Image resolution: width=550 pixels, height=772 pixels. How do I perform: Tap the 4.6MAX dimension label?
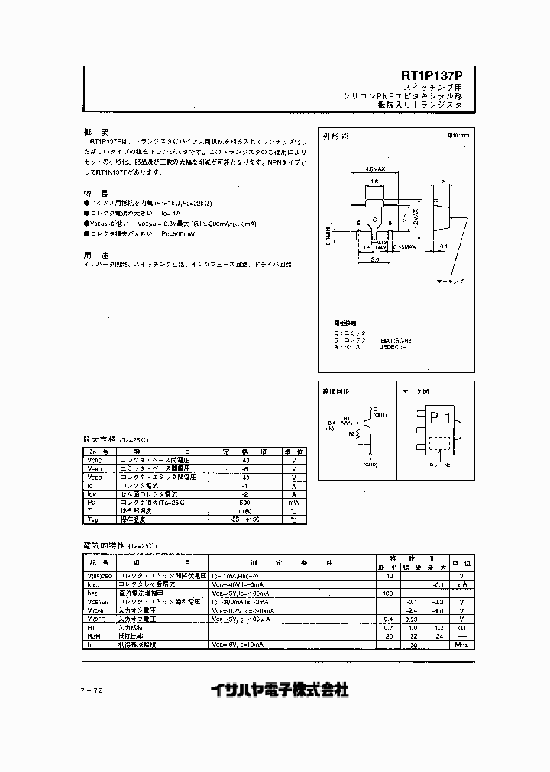[x=375, y=169]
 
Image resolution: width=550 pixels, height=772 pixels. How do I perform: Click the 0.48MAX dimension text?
[x=405, y=246]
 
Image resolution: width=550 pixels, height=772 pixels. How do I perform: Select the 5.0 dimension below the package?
[x=377, y=259]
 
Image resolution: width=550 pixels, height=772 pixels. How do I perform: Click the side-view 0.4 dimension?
[x=443, y=246]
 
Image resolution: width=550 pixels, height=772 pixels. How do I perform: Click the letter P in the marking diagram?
[x=435, y=417]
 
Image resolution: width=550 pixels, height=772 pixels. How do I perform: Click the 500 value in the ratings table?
[x=245, y=503]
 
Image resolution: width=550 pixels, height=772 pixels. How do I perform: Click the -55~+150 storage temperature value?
[x=245, y=519]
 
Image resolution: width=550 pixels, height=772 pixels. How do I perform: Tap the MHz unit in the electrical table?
[x=460, y=645]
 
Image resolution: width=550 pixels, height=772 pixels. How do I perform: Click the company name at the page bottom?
[x=280, y=690]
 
